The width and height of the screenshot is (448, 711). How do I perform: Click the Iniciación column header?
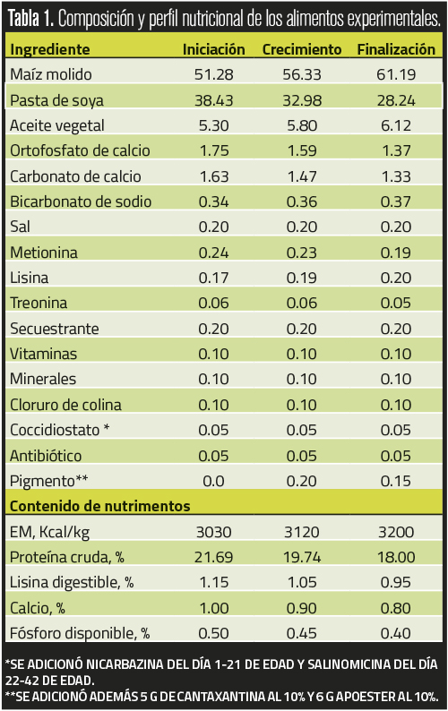214,49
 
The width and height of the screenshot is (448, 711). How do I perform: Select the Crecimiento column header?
302,49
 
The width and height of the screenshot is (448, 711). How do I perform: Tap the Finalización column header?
396,49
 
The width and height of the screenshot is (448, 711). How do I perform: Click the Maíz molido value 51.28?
214,74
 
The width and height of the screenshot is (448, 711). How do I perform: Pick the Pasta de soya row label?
56,100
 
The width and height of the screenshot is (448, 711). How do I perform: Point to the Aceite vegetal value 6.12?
396,125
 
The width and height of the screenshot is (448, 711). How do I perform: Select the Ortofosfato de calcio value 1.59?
302,150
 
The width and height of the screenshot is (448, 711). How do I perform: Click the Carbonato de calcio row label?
75,176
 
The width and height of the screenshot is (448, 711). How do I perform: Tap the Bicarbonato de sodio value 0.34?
214,201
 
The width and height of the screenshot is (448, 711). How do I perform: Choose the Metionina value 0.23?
302,253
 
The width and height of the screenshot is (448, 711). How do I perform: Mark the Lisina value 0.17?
214,278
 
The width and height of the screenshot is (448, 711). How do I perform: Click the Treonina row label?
39,303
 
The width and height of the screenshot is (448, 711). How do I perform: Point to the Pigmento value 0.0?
214,481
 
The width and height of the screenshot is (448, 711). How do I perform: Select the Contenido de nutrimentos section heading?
99,506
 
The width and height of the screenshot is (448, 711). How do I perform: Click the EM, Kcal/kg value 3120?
302,532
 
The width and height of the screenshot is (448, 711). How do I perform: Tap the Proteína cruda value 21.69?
214,557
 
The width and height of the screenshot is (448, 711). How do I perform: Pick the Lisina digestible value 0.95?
396,582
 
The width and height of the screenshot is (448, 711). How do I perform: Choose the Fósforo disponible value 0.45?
302,633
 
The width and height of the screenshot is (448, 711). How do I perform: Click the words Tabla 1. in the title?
30,19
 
